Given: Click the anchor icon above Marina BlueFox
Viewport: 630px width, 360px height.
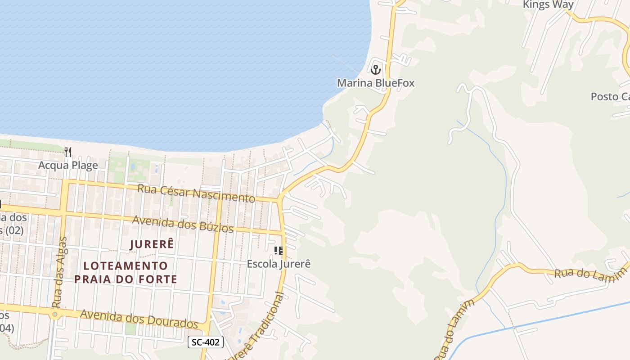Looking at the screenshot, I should (376, 70).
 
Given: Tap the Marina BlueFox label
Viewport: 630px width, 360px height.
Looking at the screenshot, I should (376, 83).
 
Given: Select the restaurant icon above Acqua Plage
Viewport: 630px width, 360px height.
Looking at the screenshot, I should (68, 152).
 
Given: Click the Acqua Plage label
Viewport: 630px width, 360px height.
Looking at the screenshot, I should (68, 165).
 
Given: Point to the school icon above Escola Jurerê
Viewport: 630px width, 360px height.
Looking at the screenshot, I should (279, 251).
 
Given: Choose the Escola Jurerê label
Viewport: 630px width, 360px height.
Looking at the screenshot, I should (279, 264).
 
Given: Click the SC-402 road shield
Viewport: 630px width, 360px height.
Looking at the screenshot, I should (206, 342).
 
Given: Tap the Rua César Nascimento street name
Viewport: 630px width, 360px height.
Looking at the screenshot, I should (196, 193).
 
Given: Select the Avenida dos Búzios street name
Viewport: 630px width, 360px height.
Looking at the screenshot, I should (183, 224).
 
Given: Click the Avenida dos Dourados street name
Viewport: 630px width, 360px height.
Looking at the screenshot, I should (139, 318).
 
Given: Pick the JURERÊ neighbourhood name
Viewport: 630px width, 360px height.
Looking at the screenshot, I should (152, 244).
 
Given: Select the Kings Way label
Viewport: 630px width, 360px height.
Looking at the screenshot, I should (548, 5).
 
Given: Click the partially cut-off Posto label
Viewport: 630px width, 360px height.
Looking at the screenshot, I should (610, 97).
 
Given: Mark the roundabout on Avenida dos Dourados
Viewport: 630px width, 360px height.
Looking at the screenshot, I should (55, 314).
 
